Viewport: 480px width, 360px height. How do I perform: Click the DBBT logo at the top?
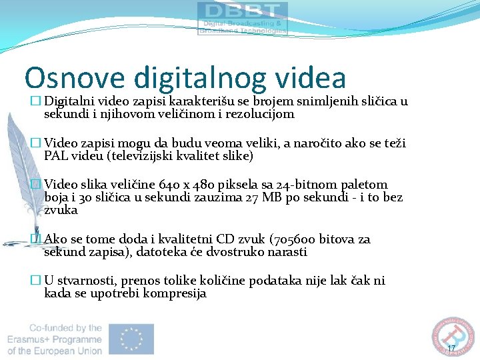click(242, 18)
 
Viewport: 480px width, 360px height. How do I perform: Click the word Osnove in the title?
click(73, 78)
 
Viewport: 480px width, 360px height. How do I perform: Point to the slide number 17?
click(451, 349)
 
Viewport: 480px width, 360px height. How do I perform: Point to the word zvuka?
click(61, 210)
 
